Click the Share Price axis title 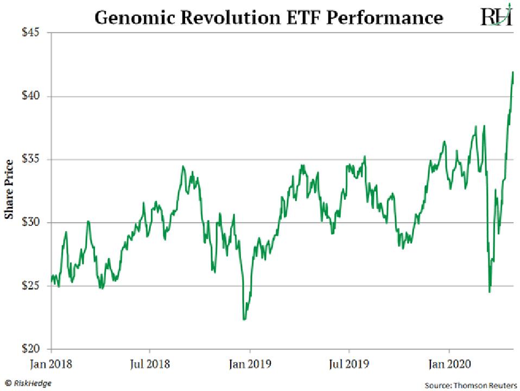(9, 190)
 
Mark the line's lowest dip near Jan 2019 (244, 319)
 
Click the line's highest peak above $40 (513, 72)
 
